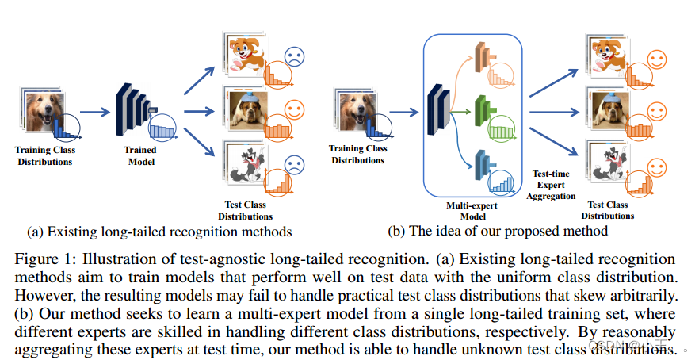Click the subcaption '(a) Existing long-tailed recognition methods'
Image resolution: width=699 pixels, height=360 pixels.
pyautogui.click(x=159, y=232)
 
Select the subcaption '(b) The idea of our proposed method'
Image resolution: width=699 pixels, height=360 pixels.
pyautogui.click(x=498, y=232)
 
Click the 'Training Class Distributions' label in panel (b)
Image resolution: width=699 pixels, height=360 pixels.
pyautogui.click(x=358, y=154)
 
